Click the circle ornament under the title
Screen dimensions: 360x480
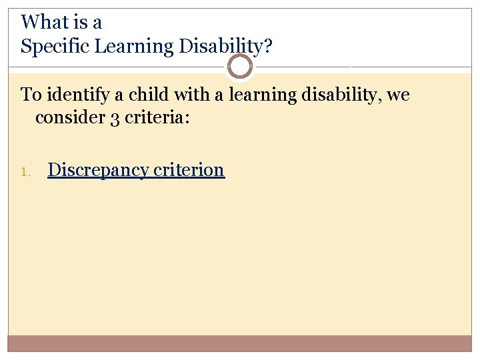[240, 67]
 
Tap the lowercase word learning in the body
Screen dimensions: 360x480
[263, 95]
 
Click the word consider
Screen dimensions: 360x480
[65, 117]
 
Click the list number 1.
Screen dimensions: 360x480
[25, 171]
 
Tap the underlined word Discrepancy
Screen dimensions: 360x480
[98, 170]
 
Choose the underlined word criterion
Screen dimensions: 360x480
[189, 170]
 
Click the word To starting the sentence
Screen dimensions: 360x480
[31, 95]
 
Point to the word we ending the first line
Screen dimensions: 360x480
[398, 95]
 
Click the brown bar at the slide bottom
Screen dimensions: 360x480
[240, 343]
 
